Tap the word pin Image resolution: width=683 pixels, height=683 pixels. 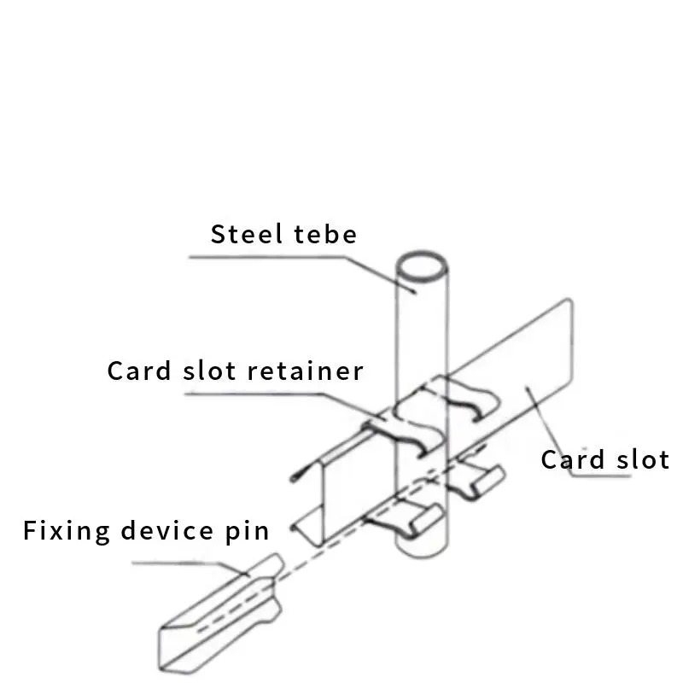(x=248, y=531)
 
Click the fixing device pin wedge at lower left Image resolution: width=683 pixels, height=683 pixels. (x=218, y=615)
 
